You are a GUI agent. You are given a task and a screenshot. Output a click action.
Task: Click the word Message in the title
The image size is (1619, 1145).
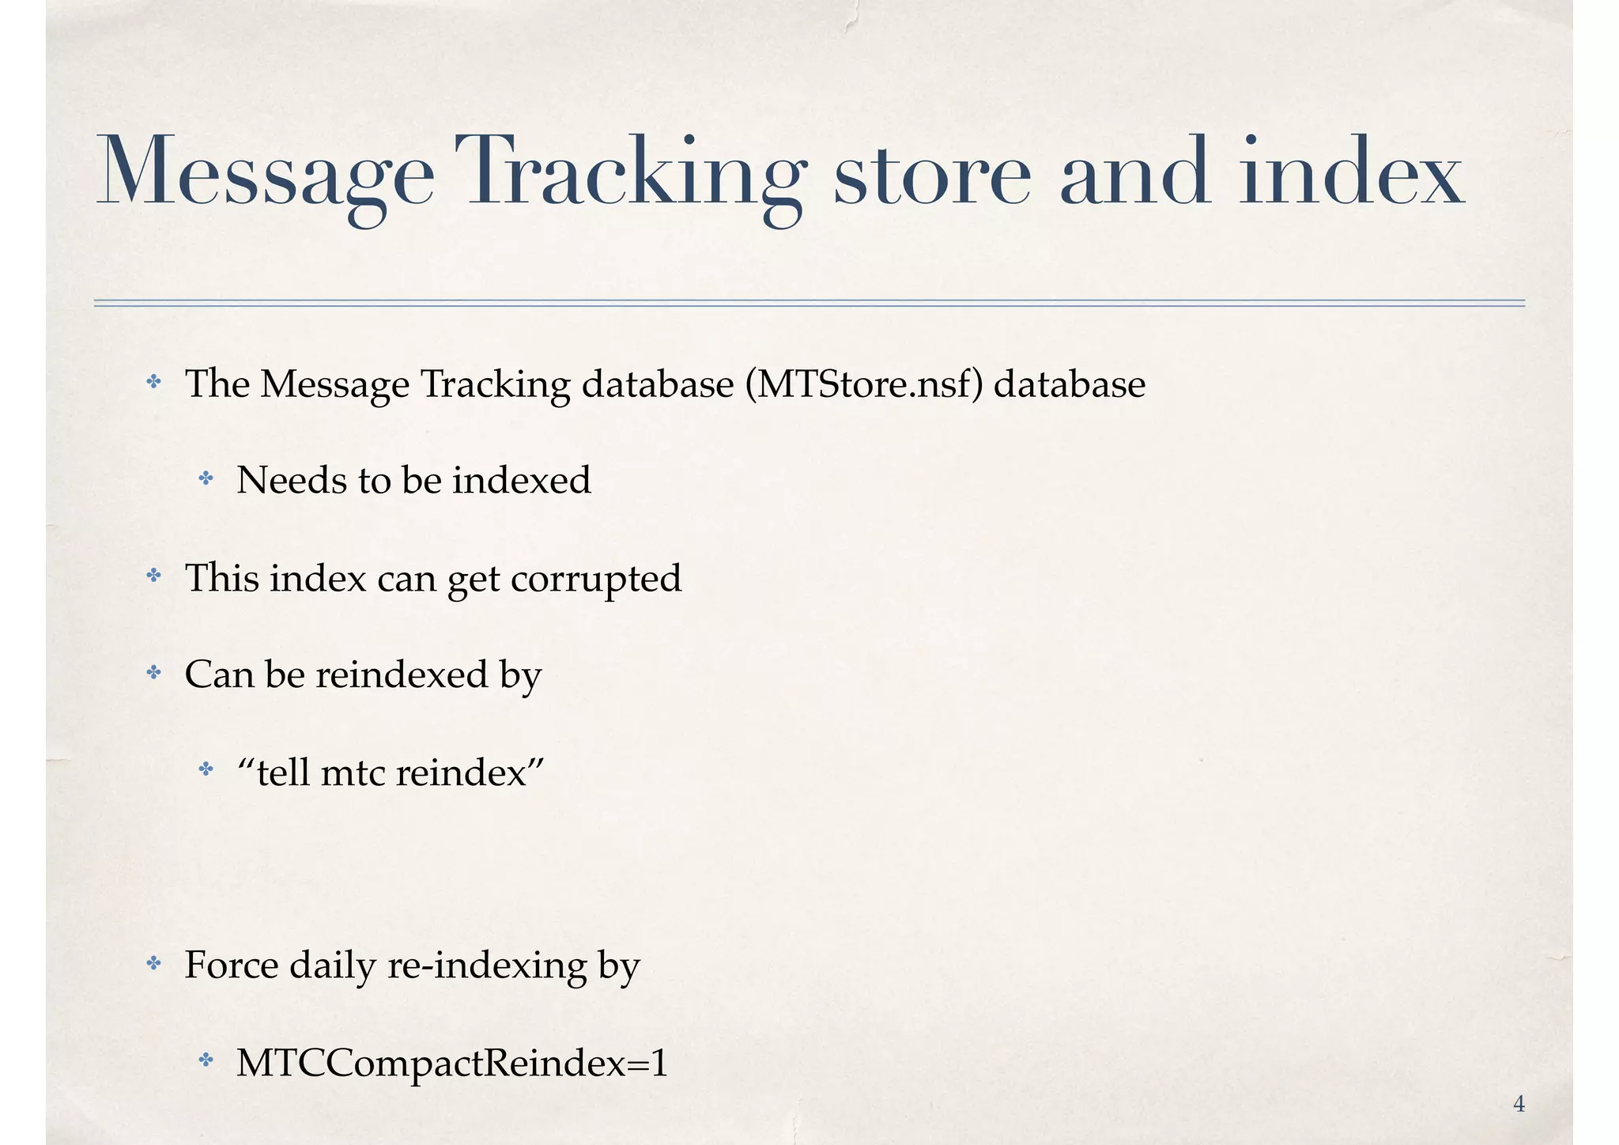(265, 172)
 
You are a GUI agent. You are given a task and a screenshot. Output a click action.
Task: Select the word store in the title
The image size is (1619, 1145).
(933, 172)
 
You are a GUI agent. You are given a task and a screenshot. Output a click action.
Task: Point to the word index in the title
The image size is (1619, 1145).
(1352, 172)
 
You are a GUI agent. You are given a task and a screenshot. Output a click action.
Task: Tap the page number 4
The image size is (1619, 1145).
(1519, 1104)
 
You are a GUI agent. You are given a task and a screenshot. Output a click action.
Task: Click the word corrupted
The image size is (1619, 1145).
(596, 579)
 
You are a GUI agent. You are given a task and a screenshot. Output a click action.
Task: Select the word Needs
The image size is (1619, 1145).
(290, 480)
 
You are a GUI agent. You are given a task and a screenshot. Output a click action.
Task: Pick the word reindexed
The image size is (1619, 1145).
(402, 675)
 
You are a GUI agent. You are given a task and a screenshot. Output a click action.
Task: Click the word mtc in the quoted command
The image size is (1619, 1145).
(352, 773)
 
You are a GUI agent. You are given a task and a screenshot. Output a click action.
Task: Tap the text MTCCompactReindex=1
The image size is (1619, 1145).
(452, 1063)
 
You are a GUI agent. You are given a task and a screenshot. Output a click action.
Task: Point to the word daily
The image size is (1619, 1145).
(332, 966)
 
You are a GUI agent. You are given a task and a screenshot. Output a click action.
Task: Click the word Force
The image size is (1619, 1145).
(231, 966)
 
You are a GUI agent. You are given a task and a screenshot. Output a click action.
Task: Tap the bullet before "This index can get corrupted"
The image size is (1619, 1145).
(154, 576)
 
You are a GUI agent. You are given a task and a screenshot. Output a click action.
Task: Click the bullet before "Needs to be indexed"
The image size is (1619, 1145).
(206, 478)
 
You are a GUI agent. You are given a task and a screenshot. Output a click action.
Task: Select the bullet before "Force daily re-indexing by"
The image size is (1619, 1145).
(154, 964)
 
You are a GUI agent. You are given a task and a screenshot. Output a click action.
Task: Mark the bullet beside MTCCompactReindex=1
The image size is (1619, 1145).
(206, 1060)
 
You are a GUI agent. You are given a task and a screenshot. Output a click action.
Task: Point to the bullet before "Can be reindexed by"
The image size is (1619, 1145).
(154, 673)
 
